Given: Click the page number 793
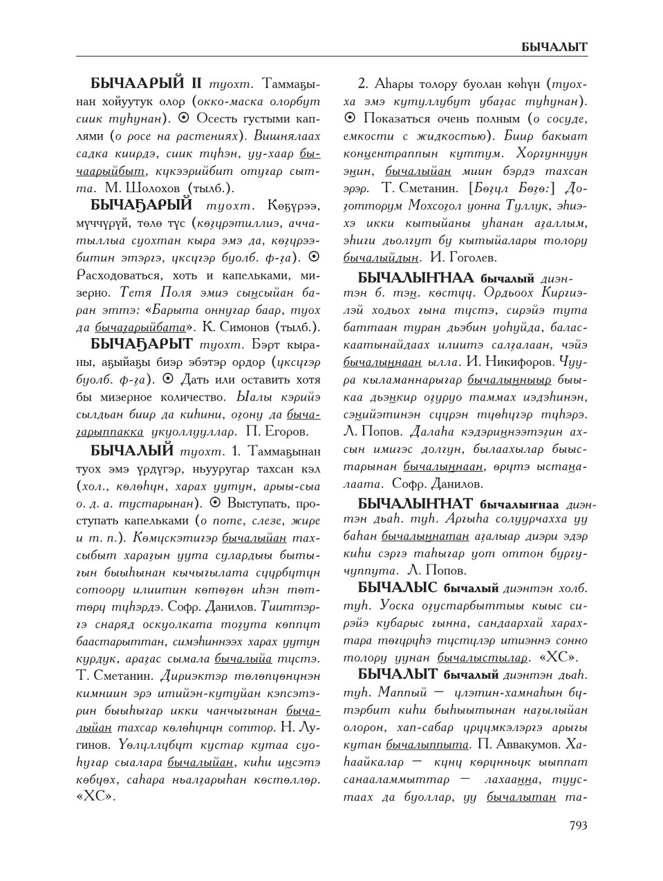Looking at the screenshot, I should pyautogui.click(x=578, y=825).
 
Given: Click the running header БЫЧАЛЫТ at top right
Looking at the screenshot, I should pyautogui.click(x=555, y=47).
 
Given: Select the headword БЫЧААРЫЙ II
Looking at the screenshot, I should pyautogui.click(x=145, y=84).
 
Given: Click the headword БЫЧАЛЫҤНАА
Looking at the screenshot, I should pyautogui.click(x=415, y=277).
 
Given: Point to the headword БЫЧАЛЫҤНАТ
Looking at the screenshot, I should pyautogui.click(x=415, y=503).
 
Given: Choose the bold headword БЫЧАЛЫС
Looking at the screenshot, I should pyautogui.click(x=398, y=588).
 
